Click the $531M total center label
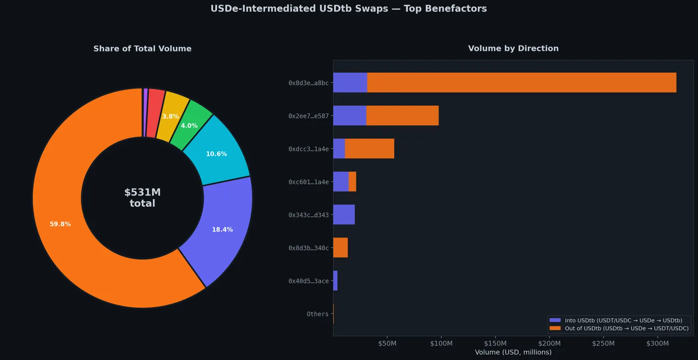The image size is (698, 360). (142, 198)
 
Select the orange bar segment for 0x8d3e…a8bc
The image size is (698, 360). (522, 83)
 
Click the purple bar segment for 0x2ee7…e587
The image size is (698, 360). (349, 116)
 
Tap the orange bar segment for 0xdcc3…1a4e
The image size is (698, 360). (369, 149)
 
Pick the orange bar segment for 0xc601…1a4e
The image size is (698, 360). (352, 182)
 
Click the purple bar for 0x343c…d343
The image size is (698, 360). (343, 214)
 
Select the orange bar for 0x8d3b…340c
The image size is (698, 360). (340, 247)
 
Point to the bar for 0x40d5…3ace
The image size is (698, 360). (335, 281)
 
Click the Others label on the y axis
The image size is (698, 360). (317, 314)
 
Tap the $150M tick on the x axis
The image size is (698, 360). (495, 343)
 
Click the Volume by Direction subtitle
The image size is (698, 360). (513, 48)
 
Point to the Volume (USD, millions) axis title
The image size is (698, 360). (513, 352)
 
